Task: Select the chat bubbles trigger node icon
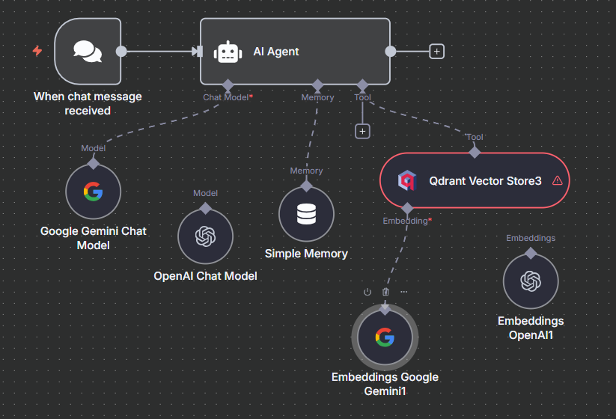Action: coord(88,51)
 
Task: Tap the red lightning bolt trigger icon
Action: coord(37,51)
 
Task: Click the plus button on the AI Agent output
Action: coord(437,51)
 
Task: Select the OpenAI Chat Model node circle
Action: coord(205,236)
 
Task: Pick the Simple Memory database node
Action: coord(306,214)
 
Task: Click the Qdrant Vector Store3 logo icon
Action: coord(406,180)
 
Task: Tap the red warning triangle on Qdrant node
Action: coord(557,180)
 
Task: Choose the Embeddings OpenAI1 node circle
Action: coord(531,281)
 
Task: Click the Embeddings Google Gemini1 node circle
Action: coord(385,337)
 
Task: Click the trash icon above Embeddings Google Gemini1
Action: coord(386,292)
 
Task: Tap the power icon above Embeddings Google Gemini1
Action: coord(368,292)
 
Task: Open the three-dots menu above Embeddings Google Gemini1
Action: coord(404,292)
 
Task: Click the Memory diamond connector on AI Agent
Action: coord(317,85)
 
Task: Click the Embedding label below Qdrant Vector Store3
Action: coord(405,221)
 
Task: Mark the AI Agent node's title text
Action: coord(276,52)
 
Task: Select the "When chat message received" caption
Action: coord(88,103)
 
